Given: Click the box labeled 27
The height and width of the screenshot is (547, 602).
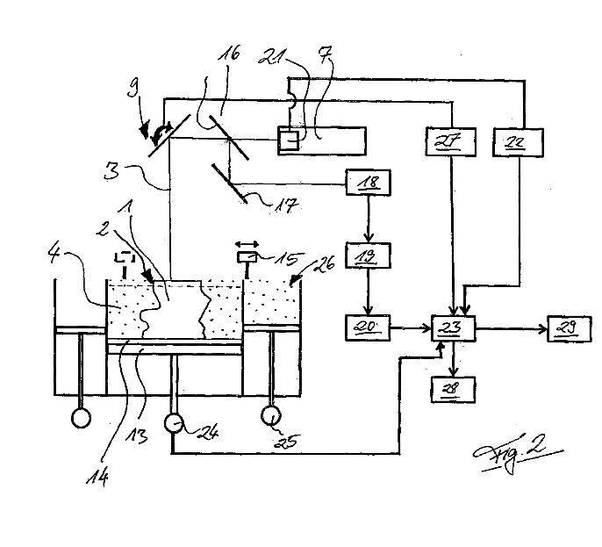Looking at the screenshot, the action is (451, 142).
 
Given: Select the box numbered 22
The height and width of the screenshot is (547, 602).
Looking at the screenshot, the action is (518, 142).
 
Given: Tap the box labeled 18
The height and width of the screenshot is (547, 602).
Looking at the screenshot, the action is (369, 183).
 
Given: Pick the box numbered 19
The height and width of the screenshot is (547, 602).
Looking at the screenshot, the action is (369, 256).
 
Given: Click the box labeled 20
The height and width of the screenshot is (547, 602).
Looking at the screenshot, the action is (368, 327).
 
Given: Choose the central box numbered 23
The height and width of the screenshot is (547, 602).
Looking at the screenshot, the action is (453, 328).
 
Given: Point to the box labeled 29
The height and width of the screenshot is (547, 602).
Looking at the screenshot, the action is (569, 329).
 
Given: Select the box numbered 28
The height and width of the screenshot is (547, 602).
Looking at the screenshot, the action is (453, 390).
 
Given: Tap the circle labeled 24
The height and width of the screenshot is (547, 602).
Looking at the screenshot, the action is (175, 423).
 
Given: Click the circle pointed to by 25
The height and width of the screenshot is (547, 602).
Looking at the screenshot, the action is (271, 415).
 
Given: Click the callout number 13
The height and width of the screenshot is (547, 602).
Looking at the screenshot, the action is (138, 436).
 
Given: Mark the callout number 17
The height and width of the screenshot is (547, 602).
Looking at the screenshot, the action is (286, 205).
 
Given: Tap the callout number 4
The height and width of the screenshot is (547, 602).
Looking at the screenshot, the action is (54, 254).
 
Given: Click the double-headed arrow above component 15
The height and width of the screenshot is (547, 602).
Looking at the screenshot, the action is (247, 244).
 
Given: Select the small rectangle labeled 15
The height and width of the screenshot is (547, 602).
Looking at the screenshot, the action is (247, 257).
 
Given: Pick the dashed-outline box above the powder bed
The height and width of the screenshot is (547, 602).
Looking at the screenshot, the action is (125, 256).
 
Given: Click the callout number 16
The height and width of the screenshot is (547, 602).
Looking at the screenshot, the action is (229, 54).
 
